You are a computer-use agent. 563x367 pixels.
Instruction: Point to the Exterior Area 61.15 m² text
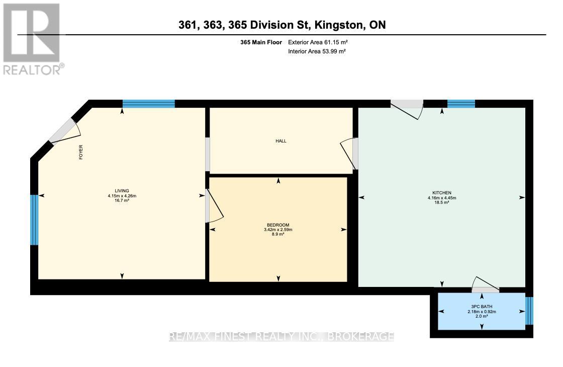pyautogui.click(x=318, y=43)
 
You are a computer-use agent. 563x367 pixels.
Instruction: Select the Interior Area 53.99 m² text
pyautogui.click(x=317, y=51)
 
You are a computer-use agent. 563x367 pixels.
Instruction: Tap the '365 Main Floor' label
pyautogui.click(x=261, y=43)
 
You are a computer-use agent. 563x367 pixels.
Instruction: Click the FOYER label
pyautogui.click(x=81, y=153)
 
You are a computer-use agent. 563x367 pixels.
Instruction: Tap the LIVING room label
pyautogui.click(x=122, y=191)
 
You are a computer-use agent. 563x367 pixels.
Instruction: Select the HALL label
pyautogui.click(x=280, y=141)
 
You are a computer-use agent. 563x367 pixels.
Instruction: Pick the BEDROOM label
pyautogui.click(x=278, y=225)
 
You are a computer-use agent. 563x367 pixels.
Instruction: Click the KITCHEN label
pyautogui.click(x=442, y=193)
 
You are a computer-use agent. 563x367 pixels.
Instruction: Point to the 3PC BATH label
pyautogui.click(x=482, y=307)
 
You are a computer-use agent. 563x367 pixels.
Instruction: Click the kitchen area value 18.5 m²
pyautogui.click(x=442, y=203)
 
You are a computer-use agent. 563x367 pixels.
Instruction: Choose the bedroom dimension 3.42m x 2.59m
pyautogui.click(x=278, y=230)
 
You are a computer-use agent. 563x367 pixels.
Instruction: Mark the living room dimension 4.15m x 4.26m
pyautogui.click(x=122, y=196)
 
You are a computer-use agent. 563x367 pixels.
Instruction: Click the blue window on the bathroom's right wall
pyautogui.click(x=529, y=311)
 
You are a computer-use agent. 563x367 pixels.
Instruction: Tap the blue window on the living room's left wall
pyautogui.click(x=34, y=220)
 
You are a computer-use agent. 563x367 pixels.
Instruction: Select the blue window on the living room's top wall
pyautogui.click(x=149, y=104)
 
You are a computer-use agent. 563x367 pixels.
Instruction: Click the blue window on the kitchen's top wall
pyautogui.click(x=461, y=104)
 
